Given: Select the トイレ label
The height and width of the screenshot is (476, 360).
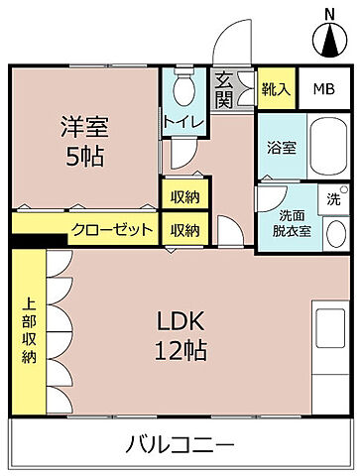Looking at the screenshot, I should tap(184, 122).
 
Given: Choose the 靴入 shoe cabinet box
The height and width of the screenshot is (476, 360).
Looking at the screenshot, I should tap(277, 87).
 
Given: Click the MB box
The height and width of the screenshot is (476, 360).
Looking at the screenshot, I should tap(324, 87).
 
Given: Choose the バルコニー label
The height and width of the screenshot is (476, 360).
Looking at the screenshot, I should tap(180, 442).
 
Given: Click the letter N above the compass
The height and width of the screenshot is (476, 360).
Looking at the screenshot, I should tap(329, 13).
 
